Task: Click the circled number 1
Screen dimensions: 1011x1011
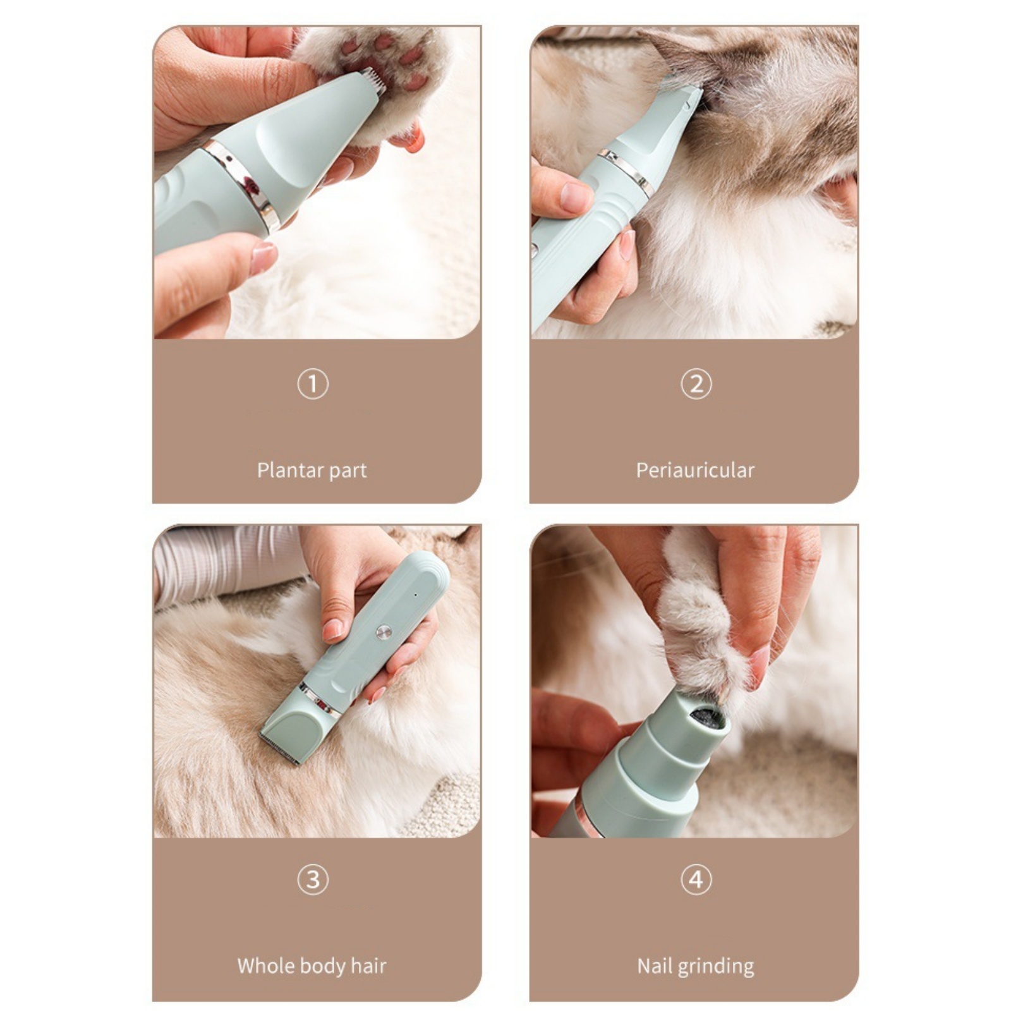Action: [x=313, y=384]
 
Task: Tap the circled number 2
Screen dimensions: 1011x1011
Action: [x=696, y=384]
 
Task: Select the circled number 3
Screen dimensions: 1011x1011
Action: [x=313, y=879]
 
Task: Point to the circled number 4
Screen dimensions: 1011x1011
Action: [x=696, y=879]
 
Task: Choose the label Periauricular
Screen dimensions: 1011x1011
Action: [x=695, y=470]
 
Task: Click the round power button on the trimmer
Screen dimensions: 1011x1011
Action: [x=382, y=632]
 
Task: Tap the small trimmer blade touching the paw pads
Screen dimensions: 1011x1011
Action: [x=375, y=82]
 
